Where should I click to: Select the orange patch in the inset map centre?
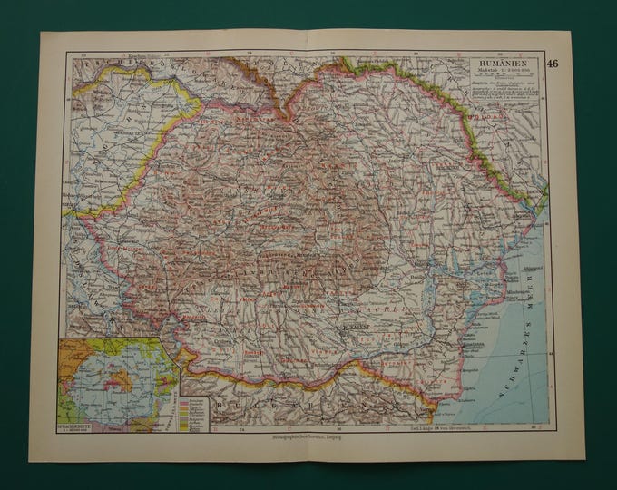click(112, 360)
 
